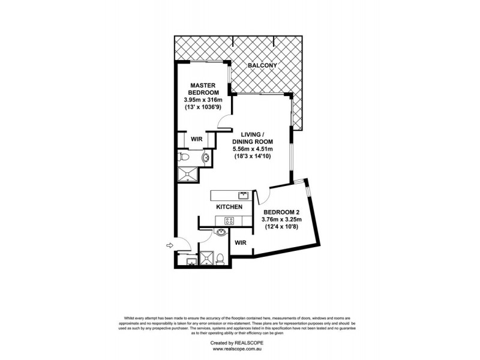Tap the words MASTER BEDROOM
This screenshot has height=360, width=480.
202,89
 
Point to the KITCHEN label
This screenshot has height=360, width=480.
229,207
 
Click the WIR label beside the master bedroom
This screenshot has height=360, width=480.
196,139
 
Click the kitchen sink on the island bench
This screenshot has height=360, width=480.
243,195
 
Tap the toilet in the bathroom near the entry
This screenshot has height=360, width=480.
220,259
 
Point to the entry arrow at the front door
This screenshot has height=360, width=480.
170,245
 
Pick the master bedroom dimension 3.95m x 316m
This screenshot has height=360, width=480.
202,100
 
